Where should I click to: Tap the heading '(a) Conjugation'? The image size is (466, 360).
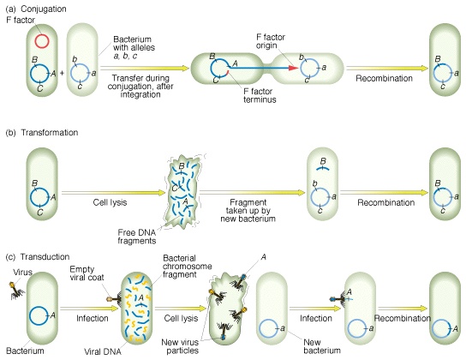coord(36,9)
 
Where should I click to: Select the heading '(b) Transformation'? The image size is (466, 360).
coord(42,133)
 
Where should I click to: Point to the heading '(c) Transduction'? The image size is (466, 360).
coord(38,257)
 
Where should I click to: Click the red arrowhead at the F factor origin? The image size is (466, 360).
coord(293,68)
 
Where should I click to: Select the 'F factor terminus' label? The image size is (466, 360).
coord(260,95)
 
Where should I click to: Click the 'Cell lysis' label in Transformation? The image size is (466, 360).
coord(110,202)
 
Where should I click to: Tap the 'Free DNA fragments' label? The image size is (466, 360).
coord(137,237)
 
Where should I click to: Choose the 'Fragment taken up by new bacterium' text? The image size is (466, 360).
coord(248,211)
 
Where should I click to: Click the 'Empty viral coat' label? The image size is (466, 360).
coord(87,273)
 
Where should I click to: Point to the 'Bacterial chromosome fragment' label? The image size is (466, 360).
coord(188,266)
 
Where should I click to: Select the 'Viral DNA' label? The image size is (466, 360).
coord(103,352)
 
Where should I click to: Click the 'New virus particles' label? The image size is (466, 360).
coord(181,346)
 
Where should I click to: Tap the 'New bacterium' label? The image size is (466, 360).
coord(322,346)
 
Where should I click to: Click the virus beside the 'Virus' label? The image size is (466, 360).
coord(16,291)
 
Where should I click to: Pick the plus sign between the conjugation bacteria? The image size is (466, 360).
coord(63,73)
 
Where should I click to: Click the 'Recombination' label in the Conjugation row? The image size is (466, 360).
coord(385,79)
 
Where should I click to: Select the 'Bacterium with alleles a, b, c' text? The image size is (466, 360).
coord(134,47)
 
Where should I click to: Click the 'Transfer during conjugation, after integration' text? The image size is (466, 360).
coord(140,87)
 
